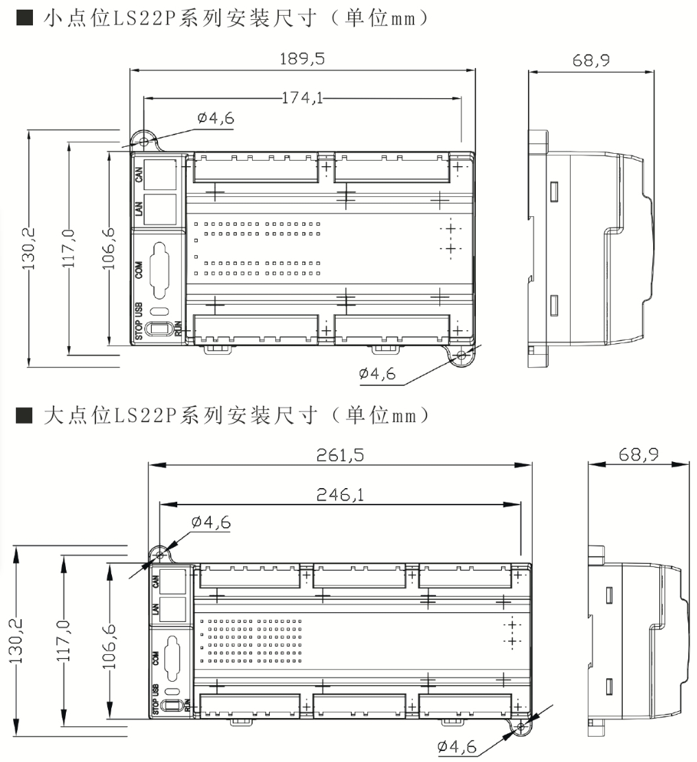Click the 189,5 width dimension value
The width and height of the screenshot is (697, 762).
point(302,59)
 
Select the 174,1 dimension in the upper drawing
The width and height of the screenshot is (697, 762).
point(302,98)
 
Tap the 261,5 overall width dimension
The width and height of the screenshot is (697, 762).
point(340,455)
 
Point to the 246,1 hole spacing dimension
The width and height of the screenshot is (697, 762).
point(340,495)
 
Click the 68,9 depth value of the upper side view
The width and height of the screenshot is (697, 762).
point(591,60)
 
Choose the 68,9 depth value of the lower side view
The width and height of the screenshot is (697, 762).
point(639,454)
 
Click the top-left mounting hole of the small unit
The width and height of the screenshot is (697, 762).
point(144,141)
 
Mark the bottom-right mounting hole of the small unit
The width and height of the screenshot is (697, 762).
point(461,355)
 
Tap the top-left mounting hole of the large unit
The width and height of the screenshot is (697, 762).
point(160,555)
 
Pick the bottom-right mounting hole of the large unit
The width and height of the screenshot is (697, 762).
point(521,728)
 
